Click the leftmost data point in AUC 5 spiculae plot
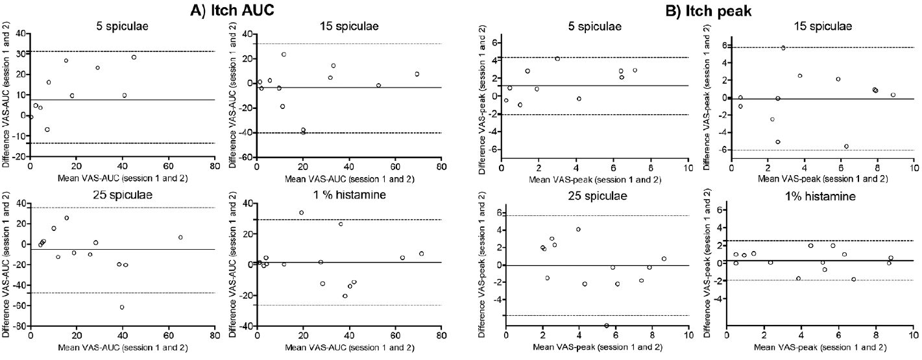(30, 117)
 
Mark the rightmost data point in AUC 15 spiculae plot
(417, 74)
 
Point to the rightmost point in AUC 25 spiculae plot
(180, 237)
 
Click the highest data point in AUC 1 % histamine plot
(301, 213)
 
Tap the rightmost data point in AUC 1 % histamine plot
(421, 254)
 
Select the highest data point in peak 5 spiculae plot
(557, 58)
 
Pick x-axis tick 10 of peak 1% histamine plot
(913, 336)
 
